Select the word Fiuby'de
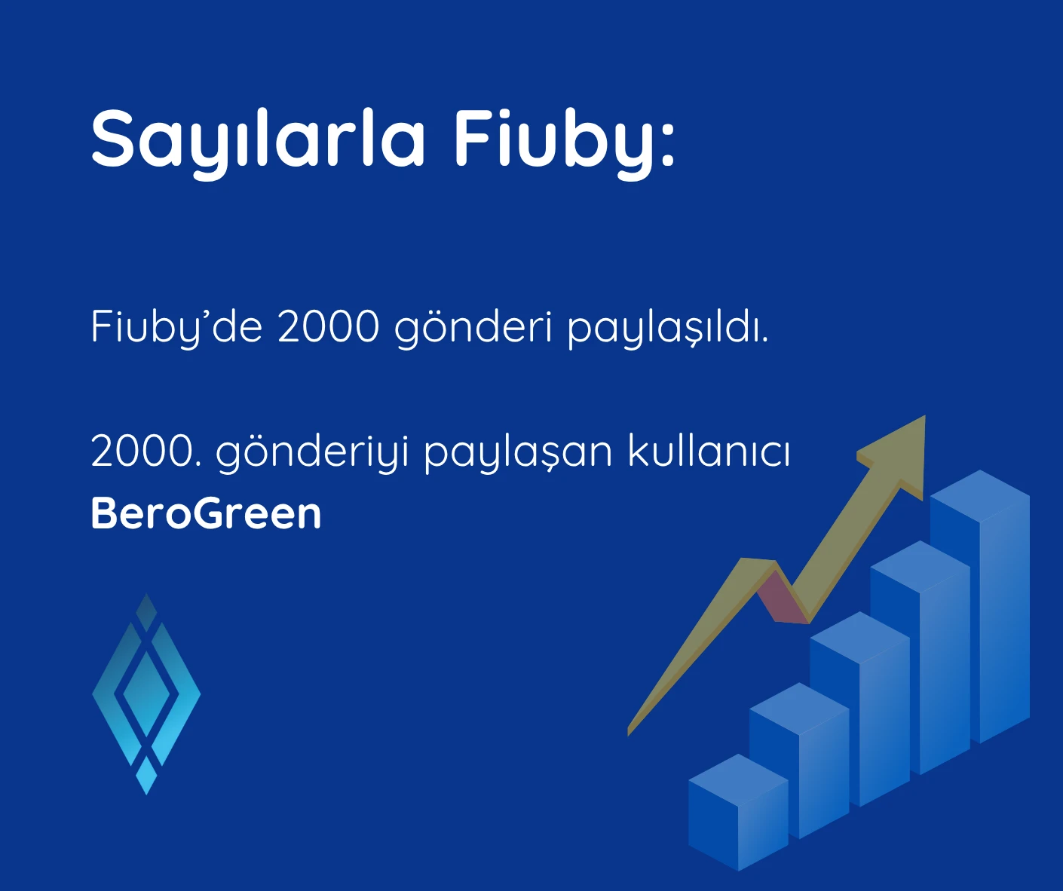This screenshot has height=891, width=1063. [x=176, y=328]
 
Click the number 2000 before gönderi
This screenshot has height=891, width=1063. [x=329, y=327]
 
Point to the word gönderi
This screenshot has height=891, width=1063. [x=474, y=328]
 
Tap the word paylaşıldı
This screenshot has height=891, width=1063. [x=667, y=329]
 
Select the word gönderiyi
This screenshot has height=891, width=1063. [x=313, y=452]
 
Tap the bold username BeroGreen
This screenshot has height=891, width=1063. [x=206, y=513]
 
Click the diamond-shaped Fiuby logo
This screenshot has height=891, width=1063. [x=146, y=694]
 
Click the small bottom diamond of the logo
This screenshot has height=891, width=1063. [x=146, y=775]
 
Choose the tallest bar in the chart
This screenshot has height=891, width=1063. [x=980, y=606]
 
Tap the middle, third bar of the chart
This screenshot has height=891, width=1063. [x=860, y=709]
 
